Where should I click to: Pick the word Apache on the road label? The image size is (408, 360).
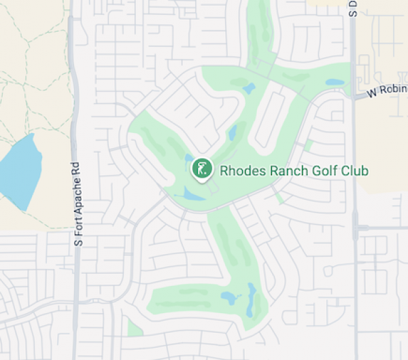tap(78, 193)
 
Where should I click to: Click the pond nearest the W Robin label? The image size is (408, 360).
tap(335, 83)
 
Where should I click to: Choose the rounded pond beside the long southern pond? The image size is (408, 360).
tap(228, 298)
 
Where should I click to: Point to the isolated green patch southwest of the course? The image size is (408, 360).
tap(135, 328)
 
